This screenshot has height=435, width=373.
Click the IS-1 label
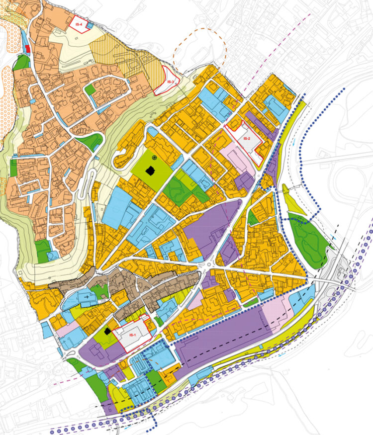(132, 336)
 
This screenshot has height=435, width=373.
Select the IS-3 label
(170, 82)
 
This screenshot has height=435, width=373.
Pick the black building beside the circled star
(150, 171)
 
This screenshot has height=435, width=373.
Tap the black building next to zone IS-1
(106, 331)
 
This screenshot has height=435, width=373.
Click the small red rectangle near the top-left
(28, 48)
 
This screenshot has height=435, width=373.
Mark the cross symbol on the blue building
(88, 296)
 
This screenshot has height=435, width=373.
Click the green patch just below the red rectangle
(20, 62)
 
